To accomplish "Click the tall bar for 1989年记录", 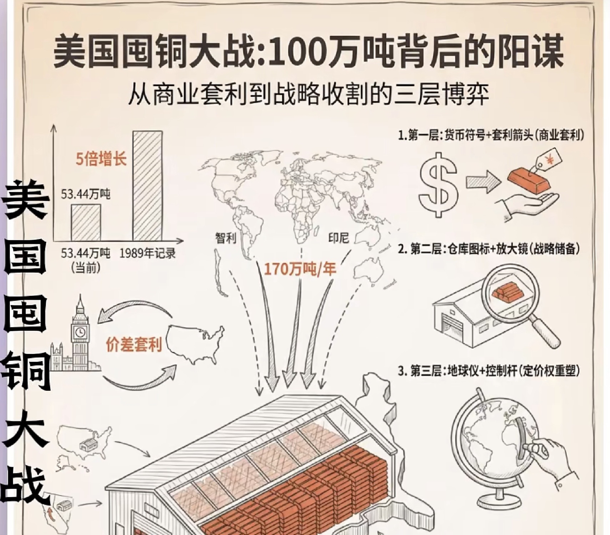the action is [147, 186].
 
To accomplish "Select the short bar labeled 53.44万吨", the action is [86, 222].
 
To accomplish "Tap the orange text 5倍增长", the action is [101, 159].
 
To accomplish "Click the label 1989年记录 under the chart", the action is [147, 253].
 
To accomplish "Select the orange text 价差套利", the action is [134, 345].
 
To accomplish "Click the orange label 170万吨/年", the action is [300, 269].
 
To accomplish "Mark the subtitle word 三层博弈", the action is [441, 94].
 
